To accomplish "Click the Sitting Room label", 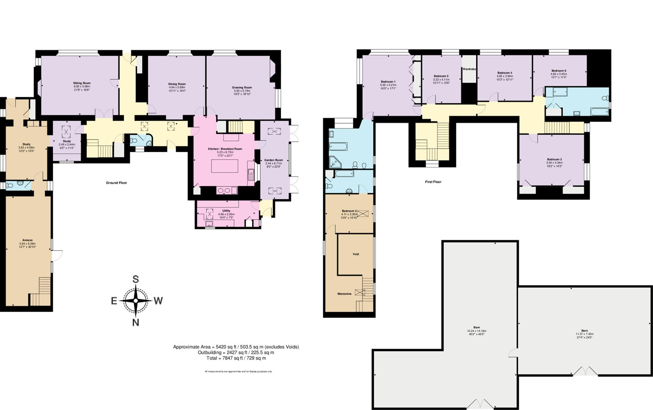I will coord(82,83).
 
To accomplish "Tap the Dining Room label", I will coord(177,84).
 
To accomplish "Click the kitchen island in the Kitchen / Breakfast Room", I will coord(225,166).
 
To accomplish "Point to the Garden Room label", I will coord(274,160).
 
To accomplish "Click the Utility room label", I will coord(226,211).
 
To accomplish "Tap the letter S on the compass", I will coord(135,279).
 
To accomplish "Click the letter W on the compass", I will coord(158,301).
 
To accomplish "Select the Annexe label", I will coord(27,240).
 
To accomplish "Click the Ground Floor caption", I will coord(116,183).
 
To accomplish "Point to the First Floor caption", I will coord(433,182).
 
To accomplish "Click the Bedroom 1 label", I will coord(388,82).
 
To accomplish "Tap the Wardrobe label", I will coord(469,69).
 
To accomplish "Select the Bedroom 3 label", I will coord(554,159).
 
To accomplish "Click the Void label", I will coord(356,254).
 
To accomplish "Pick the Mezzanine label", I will coord(344,294).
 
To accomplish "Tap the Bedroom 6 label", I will coord(559,71).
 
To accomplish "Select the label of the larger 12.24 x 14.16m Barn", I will coord(477,327).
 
